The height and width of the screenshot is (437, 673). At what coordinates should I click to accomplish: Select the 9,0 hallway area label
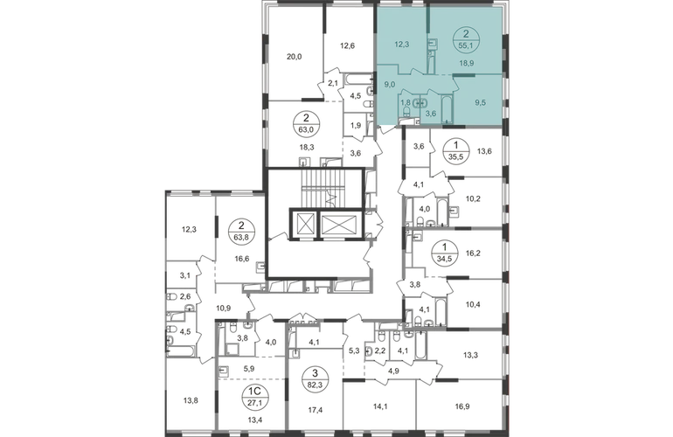(391, 84)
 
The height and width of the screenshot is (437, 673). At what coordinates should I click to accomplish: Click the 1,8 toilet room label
(405, 101)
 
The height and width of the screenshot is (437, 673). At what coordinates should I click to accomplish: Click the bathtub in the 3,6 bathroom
(447, 107)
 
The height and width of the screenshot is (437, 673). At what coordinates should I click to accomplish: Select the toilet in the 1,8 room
(406, 113)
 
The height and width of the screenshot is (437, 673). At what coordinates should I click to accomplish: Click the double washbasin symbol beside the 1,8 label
(418, 101)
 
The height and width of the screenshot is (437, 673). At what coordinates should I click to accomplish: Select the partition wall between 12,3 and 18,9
(427, 26)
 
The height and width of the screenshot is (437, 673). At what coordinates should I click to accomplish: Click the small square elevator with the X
(307, 225)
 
